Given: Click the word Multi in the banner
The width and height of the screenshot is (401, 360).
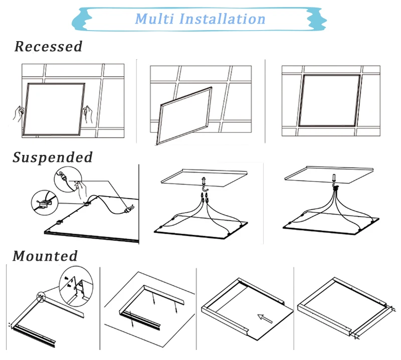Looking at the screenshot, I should coord(154,19).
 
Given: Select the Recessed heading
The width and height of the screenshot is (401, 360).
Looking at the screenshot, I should coord(48,47).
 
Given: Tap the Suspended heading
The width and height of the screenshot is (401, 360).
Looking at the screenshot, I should coord(53,157).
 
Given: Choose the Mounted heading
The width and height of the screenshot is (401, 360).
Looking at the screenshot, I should coord(45,256).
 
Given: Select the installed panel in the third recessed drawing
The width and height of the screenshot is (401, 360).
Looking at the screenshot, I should coord(330,100).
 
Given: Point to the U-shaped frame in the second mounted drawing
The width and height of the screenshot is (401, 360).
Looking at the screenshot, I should coord(145,301).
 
